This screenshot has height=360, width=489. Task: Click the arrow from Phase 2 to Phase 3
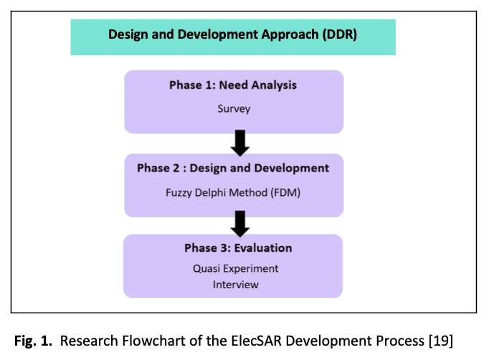(x=241, y=224)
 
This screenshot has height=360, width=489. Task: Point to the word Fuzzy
(x=179, y=192)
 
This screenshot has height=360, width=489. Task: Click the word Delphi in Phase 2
(x=213, y=192)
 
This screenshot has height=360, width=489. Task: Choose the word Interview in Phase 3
(x=235, y=285)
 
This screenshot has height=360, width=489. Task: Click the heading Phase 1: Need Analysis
(x=233, y=85)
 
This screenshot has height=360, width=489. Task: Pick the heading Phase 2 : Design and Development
(x=233, y=168)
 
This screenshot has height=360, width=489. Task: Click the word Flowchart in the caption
(x=163, y=338)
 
